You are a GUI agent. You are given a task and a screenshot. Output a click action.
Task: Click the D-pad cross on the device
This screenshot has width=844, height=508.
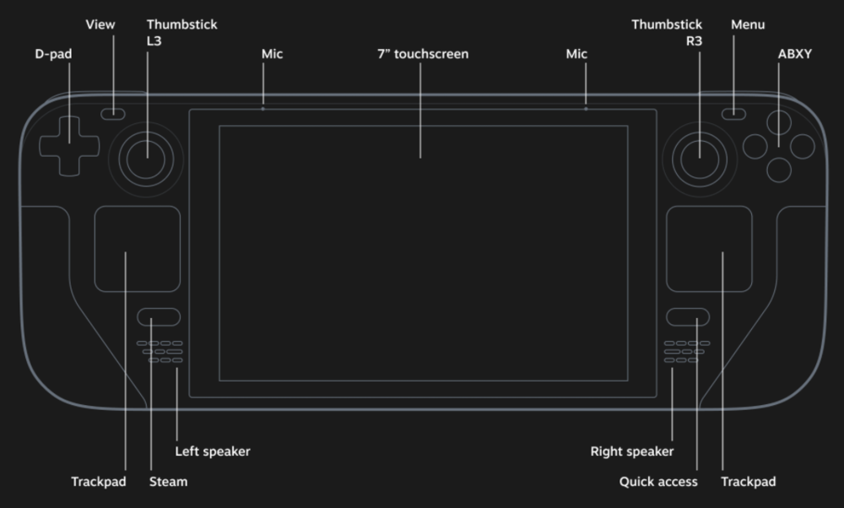tap(70, 145)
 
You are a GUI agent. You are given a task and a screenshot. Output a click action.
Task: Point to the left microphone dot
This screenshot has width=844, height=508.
tap(262, 109)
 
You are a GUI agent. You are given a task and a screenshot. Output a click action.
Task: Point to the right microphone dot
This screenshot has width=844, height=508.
tap(585, 109)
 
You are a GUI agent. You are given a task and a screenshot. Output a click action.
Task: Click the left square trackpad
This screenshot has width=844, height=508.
tap(136, 250)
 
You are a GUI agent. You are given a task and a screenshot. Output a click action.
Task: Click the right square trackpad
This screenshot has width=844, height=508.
tap(708, 250)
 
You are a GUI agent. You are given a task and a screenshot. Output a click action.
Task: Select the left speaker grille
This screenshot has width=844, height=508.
tap(165, 352)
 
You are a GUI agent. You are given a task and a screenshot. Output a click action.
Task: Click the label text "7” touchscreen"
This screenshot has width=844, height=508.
tap(422, 54)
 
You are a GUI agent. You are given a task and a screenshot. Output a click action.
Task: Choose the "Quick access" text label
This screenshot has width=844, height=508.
tap(658, 482)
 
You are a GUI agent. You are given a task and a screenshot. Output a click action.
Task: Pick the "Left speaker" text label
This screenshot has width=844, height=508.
tap(212, 451)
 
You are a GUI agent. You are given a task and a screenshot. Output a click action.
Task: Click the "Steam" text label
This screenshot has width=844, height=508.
tap(168, 482)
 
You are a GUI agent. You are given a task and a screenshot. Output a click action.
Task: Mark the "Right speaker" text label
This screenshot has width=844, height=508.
tap(631, 451)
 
